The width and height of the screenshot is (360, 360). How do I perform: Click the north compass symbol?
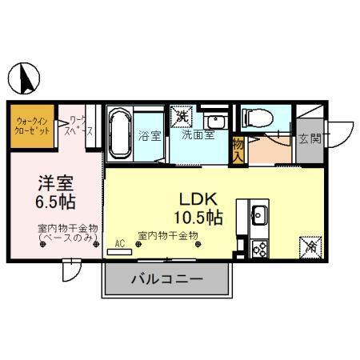click(26, 78)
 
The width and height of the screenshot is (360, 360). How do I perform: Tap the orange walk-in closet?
click(33, 125)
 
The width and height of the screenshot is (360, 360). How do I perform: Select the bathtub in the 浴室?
click(121, 132)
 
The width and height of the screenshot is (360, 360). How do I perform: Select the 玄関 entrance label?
click(308, 138)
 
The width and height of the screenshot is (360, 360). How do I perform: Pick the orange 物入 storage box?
click(238, 150)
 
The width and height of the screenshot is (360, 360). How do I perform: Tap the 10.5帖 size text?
click(197, 216)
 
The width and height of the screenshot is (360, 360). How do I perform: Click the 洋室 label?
click(49, 181)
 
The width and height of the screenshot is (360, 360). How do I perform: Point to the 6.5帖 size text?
click(50, 201)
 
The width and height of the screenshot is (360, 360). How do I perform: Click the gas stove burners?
click(259, 247)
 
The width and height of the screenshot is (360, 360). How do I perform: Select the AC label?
click(120, 242)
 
